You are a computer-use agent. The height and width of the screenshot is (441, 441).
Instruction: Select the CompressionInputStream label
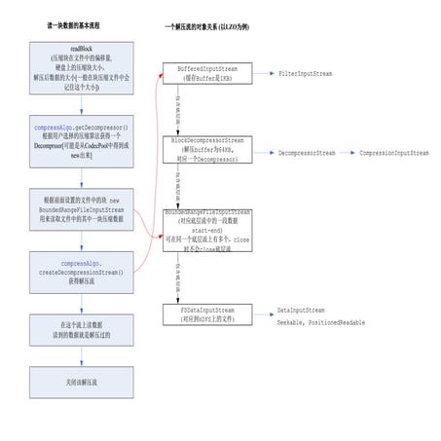point(393,153)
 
